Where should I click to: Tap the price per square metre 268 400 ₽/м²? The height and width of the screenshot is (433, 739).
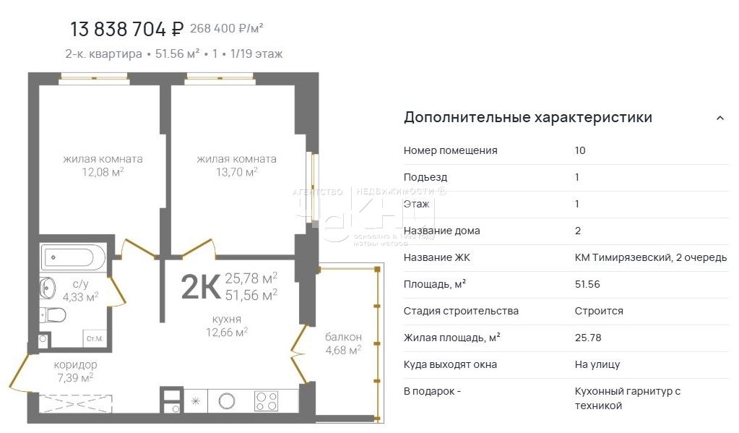pos(226,29)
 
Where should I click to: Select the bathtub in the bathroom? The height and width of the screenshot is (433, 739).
pos(74,257)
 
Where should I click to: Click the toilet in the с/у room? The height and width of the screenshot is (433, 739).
pos(52,314)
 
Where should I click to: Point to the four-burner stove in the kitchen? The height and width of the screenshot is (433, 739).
pos(267,400)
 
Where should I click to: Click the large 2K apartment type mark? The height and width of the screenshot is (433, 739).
pos(200,287)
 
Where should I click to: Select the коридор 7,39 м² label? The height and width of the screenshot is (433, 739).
pos(75,371)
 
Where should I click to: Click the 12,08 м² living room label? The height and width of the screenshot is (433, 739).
pos(102,166)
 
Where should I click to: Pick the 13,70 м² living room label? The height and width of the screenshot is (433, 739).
pos(236,166)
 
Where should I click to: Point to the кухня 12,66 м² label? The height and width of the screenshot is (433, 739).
pos(227,325)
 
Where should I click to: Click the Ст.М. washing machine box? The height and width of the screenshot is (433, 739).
pos(94,338)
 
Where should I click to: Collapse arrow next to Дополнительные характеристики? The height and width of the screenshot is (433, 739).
pos(719,118)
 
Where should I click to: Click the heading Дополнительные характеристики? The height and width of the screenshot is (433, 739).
pos(527,117)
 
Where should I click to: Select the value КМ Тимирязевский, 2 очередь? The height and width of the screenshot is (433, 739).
pos(650,257)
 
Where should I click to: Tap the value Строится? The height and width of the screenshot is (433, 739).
pos(598,311)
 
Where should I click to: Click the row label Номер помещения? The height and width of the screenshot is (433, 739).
pos(450,150)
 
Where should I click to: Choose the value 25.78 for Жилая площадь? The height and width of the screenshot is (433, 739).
pos(587,338)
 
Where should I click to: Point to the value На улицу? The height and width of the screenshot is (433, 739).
pos(597,364)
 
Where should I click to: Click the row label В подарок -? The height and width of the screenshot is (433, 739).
pos(432,391)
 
